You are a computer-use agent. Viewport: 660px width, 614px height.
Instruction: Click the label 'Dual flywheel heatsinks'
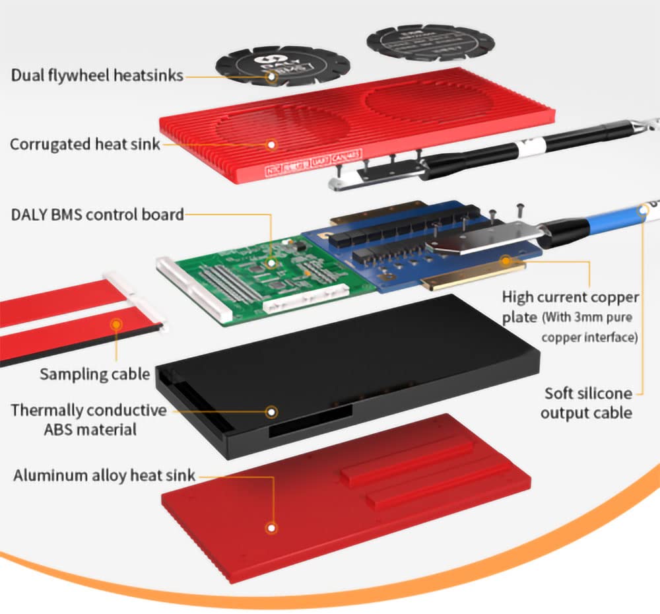coord(96,75)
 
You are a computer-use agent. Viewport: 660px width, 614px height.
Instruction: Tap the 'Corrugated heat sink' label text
coord(84,143)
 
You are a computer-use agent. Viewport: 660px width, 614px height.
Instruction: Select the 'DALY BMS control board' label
coord(97,214)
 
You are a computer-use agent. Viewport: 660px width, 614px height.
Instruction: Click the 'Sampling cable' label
coord(94,374)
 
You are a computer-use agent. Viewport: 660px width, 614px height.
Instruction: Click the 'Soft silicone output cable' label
coord(587,403)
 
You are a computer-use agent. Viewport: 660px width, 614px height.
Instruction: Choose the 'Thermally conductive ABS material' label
coord(88,420)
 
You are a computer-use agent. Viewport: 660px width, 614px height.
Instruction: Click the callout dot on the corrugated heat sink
coord(271,143)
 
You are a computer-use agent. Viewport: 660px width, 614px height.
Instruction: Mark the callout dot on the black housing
coord(271,411)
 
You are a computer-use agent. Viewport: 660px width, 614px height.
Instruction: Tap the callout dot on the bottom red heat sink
coord(271,528)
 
